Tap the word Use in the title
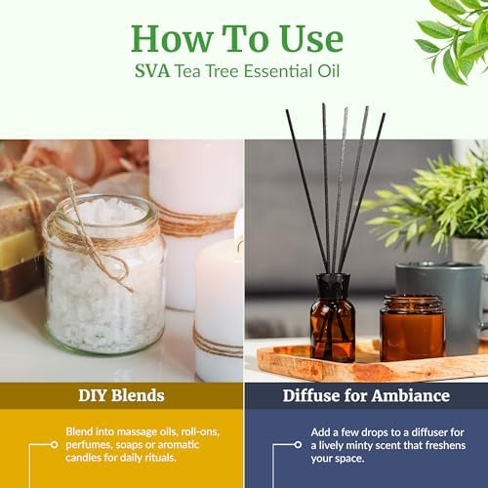pos(305,38)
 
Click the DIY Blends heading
pos(121,395)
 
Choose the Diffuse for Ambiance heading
pos(365,395)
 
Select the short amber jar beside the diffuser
pos(412,327)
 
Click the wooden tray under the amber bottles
pos(371,366)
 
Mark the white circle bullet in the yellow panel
pos(56,445)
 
